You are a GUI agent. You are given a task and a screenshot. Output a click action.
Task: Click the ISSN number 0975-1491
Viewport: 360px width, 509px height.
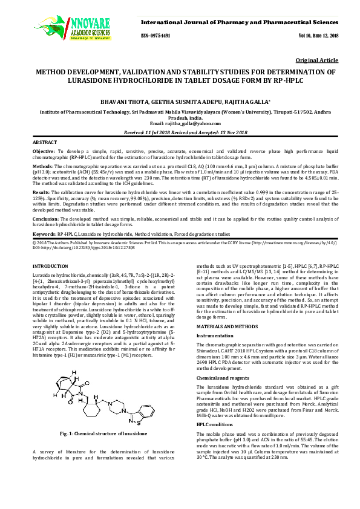click(155, 36)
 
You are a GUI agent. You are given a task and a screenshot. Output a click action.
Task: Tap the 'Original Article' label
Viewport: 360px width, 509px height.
click(317, 61)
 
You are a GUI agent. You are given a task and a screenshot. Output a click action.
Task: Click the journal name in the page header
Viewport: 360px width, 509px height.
click(240, 22)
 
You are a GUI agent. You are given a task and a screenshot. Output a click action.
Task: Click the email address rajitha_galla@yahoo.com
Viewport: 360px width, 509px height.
click(180, 123)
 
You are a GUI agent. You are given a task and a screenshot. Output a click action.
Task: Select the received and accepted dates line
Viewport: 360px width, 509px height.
click(180, 132)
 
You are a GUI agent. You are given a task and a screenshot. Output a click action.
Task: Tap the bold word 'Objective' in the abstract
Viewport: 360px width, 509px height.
click(43, 150)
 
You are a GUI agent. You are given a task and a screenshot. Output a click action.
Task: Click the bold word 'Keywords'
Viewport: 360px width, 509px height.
click(44, 233)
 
